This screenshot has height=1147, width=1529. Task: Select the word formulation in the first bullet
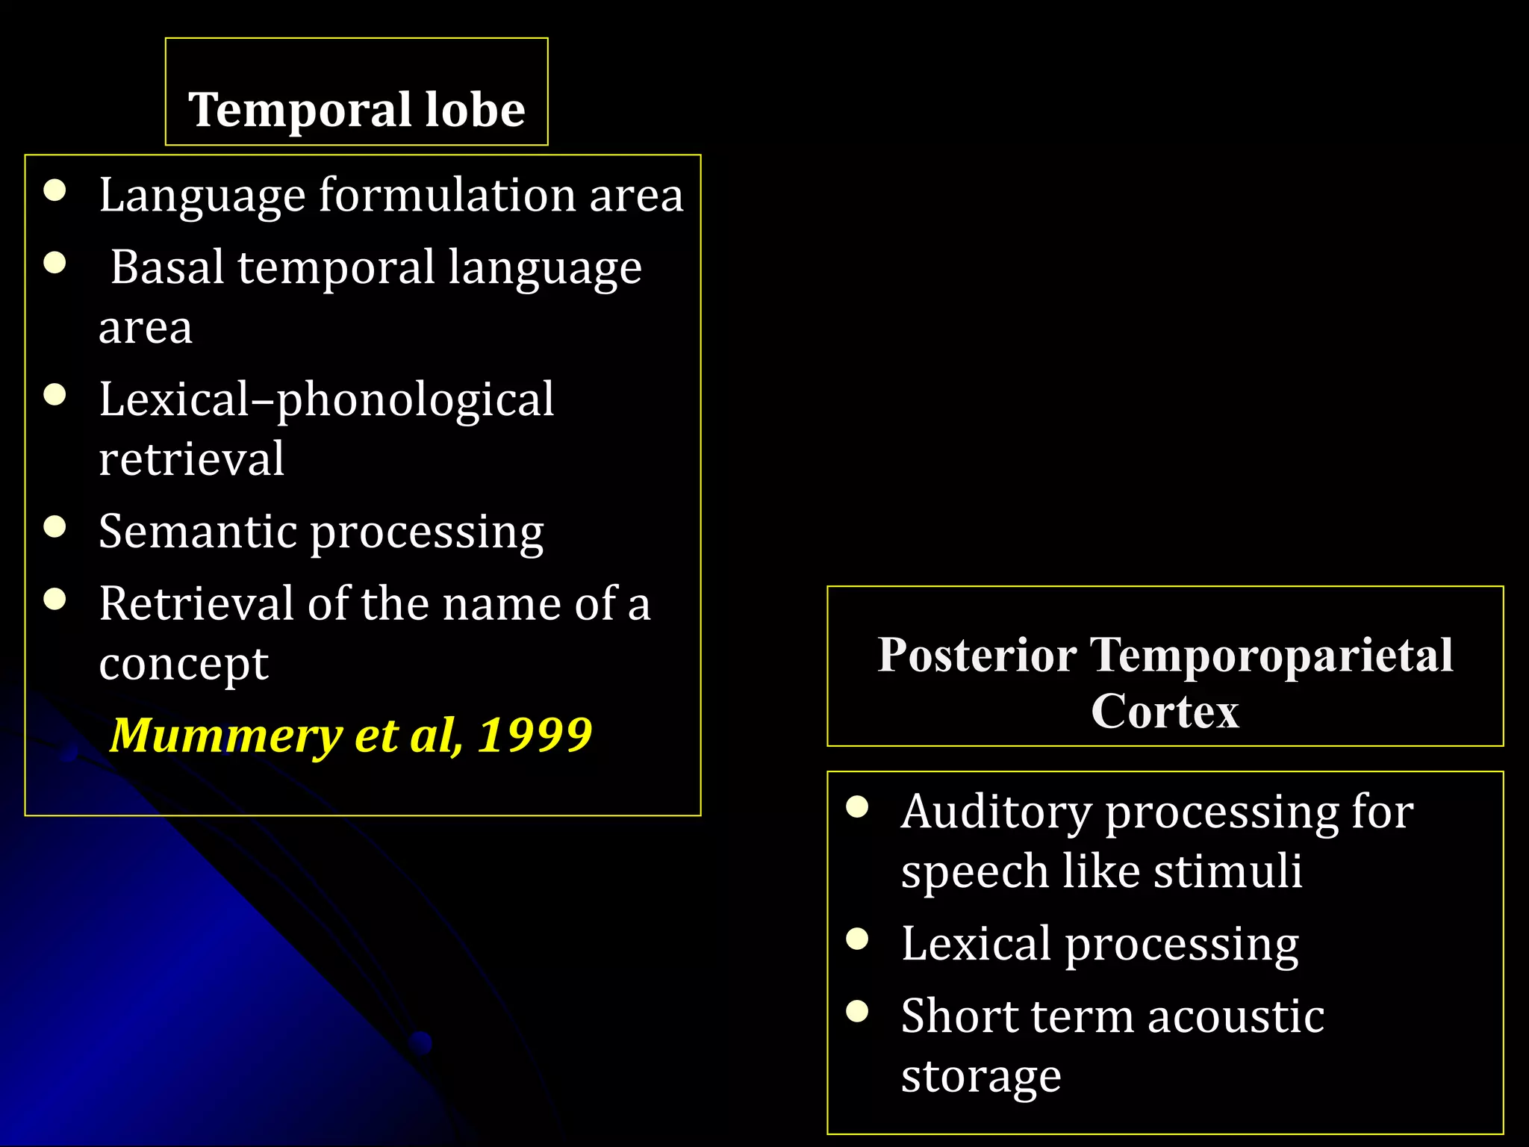click(x=447, y=195)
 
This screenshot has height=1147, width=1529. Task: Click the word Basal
click(x=168, y=267)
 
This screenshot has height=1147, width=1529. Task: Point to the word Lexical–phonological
click(x=326, y=400)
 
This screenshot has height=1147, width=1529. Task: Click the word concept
click(x=184, y=663)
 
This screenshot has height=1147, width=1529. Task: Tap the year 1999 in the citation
click(x=535, y=735)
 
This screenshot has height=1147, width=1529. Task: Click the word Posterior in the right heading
click(x=977, y=655)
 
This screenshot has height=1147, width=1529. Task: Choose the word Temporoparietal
click(x=1271, y=655)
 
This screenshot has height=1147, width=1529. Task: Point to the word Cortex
click(x=1165, y=711)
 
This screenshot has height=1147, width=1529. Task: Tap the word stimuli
click(x=1227, y=871)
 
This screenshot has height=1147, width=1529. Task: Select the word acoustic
click(x=1236, y=1016)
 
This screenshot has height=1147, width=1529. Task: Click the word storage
click(x=981, y=1076)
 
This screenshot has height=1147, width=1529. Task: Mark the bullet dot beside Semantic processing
click(x=55, y=527)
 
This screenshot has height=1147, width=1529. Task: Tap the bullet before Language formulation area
click(x=55, y=190)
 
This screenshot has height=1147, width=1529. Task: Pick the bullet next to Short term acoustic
click(x=858, y=1011)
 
